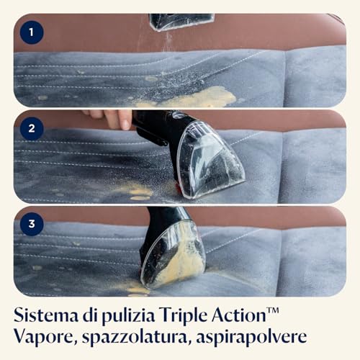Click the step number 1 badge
31,32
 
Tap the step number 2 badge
31,128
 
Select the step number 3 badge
31,224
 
